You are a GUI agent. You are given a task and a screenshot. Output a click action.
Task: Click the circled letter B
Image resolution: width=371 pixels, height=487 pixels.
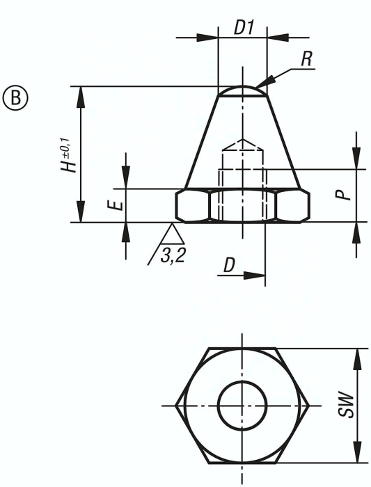pyautogui.click(x=15, y=97)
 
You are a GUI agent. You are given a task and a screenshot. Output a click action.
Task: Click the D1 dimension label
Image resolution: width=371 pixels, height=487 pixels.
pyautogui.click(x=244, y=28)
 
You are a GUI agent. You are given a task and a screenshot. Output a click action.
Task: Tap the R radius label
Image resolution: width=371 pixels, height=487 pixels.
pyautogui.click(x=306, y=58)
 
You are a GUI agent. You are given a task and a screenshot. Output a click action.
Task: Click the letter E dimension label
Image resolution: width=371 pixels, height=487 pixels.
pyautogui.click(x=119, y=206)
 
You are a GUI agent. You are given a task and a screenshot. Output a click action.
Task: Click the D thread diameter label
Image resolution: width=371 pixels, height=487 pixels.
pyautogui.click(x=229, y=266)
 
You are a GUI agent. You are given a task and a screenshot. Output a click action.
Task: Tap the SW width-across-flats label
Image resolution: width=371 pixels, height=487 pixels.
pyautogui.click(x=346, y=406)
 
